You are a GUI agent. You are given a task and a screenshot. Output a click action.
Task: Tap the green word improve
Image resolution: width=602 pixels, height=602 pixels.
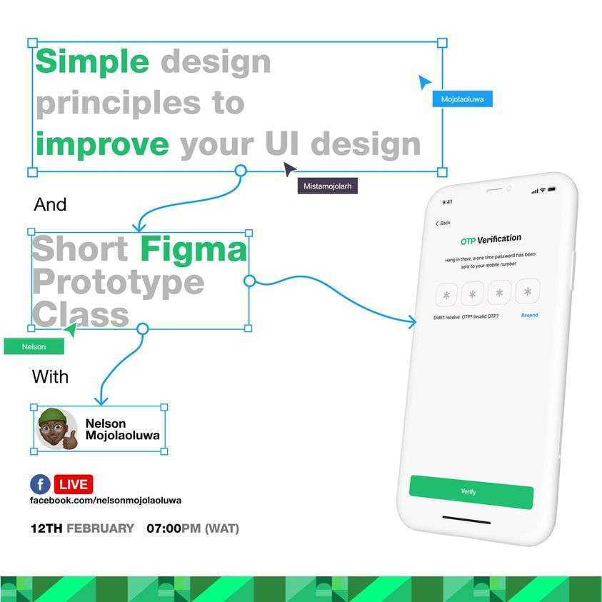[102, 145]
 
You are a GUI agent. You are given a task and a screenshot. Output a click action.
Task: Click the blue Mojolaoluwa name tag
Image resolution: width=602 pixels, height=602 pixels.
[462, 99]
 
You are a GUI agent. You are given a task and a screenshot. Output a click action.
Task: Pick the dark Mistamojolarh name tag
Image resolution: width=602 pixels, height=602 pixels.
[328, 186]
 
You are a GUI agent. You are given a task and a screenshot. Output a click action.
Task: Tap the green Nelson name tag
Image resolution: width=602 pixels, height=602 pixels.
[34, 346]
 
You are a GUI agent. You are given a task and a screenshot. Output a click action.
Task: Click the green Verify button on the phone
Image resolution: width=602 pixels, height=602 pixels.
[471, 492]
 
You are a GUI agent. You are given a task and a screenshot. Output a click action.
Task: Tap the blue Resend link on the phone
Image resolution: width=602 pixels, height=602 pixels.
[529, 315]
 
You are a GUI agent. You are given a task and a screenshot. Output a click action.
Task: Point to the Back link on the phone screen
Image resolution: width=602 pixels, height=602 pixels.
[443, 223]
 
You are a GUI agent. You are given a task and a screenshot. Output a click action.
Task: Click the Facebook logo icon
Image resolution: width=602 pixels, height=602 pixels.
[40, 484]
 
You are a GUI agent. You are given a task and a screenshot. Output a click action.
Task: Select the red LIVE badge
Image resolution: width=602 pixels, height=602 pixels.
[74, 484]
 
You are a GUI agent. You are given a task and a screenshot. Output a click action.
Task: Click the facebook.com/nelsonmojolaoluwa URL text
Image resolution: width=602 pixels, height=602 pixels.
[106, 501]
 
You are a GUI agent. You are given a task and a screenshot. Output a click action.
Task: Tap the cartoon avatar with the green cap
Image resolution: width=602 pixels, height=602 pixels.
[57, 428]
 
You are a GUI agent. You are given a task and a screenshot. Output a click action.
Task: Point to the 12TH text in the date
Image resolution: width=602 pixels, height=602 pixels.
[46, 528]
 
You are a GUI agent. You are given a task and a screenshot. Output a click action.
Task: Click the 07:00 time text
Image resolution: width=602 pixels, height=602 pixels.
[164, 528]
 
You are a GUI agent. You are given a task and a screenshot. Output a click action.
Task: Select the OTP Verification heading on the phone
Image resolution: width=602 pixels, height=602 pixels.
[491, 239]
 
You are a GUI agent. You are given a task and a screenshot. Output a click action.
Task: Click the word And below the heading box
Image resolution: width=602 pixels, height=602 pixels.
[50, 204]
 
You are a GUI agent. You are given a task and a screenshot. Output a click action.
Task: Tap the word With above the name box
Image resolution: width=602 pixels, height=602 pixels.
[50, 376]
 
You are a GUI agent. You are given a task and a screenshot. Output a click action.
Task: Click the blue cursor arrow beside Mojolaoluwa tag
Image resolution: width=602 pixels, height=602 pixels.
[424, 82]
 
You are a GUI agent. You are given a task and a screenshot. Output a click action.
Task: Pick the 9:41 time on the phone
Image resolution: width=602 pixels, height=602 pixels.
[447, 202]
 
